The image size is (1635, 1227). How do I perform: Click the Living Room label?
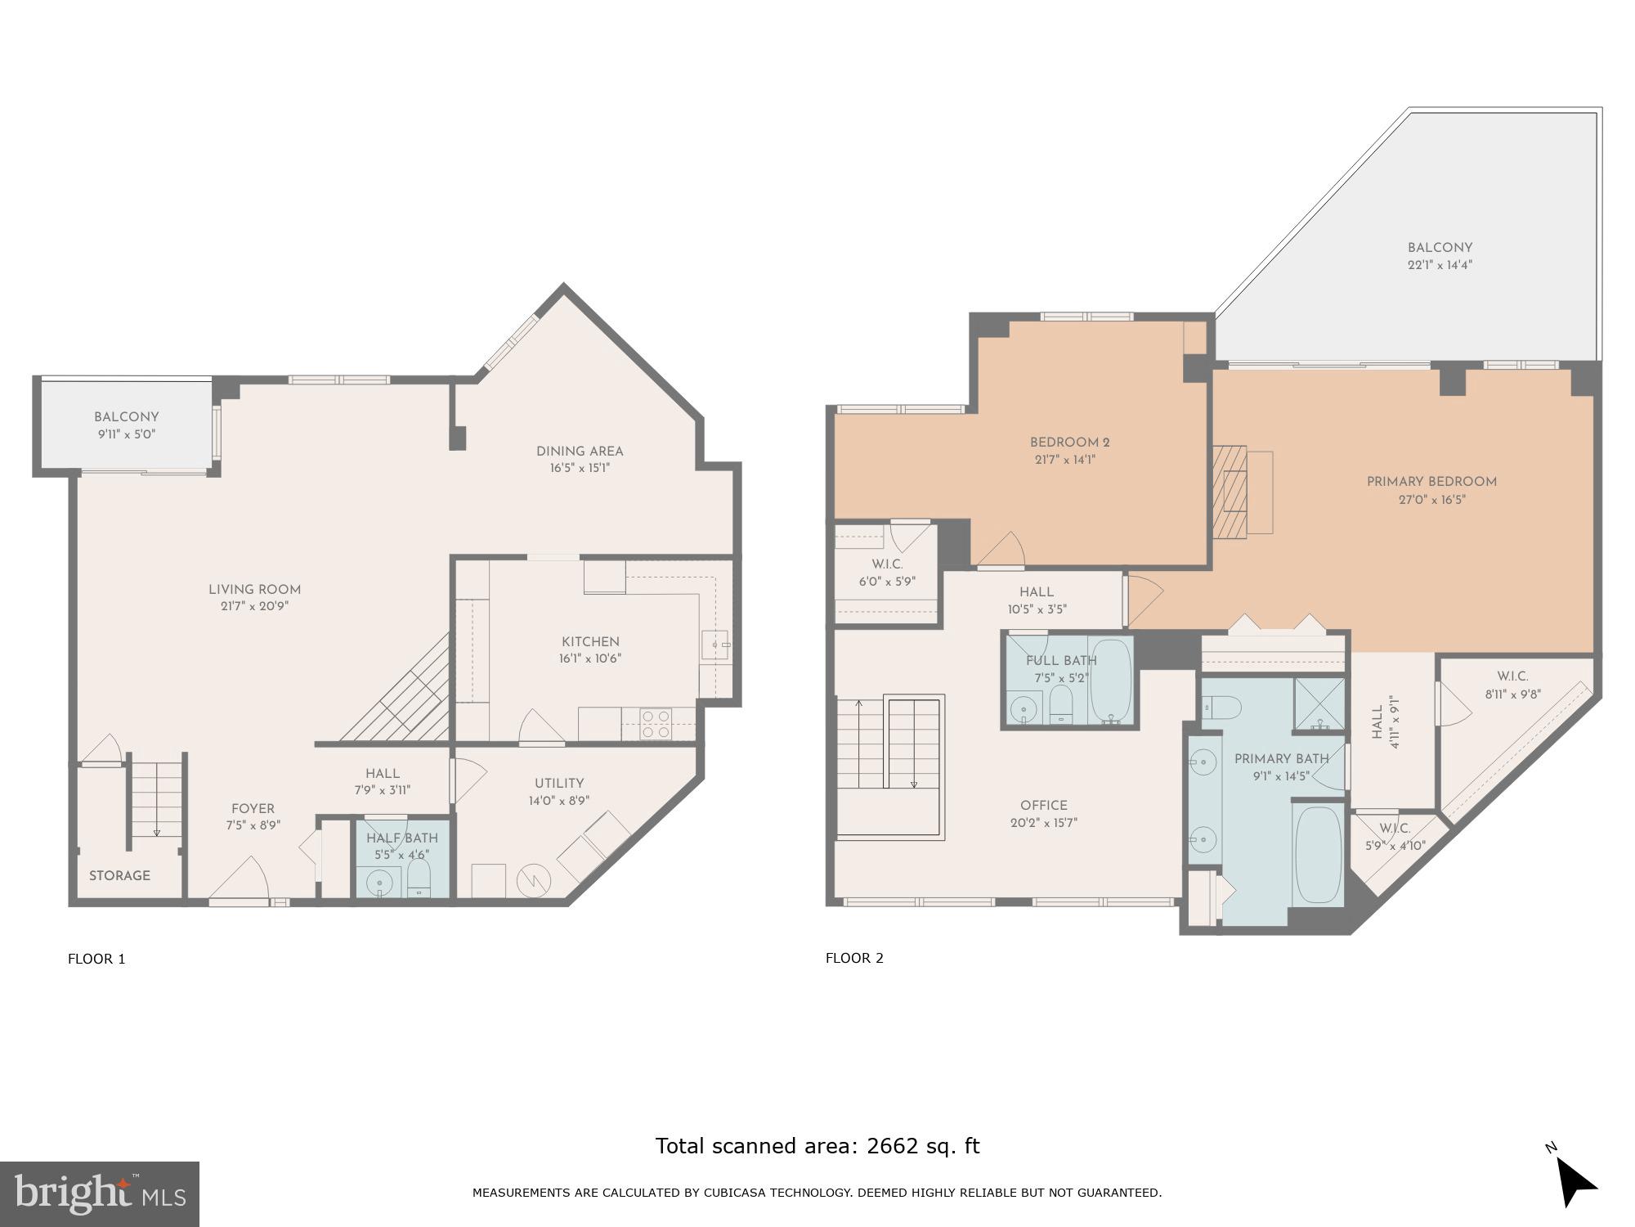(x=254, y=590)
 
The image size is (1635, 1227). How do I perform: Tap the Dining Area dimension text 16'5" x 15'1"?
(x=580, y=469)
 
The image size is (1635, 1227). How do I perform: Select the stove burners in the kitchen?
(x=656, y=724)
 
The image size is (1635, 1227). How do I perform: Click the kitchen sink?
(x=715, y=645)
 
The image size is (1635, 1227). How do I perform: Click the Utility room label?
(x=559, y=784)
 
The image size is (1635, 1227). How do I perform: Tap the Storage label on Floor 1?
(x=119, y=876)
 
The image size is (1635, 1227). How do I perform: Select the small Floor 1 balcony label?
(x=126, y=417)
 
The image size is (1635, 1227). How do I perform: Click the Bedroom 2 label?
(x=1069, y=443)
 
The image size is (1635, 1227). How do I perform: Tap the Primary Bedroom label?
(x=1431, y=483)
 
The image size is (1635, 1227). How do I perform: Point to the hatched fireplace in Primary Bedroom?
(x=1230, y=491)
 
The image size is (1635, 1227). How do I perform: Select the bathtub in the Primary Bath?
(x=1317, y=855)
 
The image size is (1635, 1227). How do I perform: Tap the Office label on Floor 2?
(x=1044, y=806)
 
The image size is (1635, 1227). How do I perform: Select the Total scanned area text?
(x=817, y=1146)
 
